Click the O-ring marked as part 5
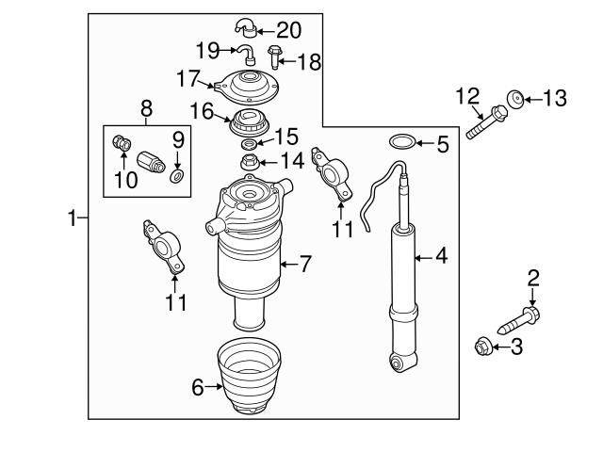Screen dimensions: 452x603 pos(400,143)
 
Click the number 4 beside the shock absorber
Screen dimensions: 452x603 pos(441,255)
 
